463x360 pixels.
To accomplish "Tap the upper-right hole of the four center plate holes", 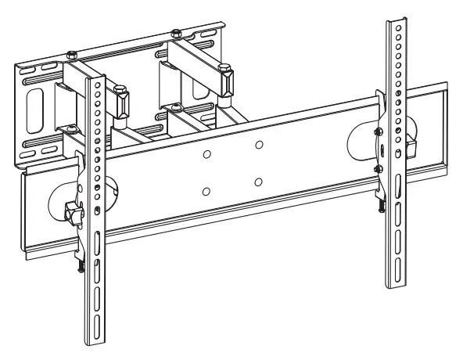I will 258,146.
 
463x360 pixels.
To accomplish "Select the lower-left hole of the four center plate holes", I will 206,191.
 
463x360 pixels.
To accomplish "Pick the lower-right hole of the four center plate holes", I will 258,182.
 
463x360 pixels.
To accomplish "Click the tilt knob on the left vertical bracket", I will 73,211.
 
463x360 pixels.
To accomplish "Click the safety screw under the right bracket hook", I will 382,206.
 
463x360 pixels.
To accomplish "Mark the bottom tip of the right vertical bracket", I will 396,285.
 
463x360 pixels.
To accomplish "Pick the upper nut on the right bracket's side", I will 378,131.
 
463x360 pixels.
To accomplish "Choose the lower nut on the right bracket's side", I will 378,167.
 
